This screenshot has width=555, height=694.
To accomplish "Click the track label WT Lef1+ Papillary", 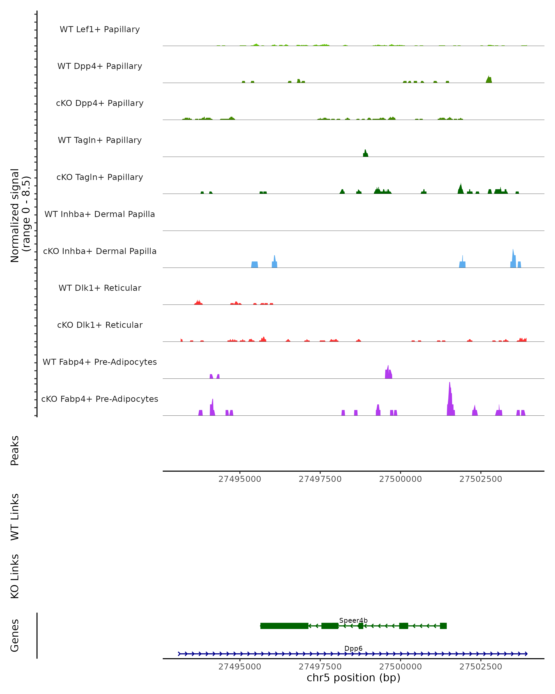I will coord(100,29).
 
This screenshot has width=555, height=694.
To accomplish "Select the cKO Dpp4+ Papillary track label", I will coord(100,103).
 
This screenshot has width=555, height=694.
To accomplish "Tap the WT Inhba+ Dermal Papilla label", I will coord(100,214).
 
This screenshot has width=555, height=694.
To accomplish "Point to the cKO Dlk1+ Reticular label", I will coord(100,325).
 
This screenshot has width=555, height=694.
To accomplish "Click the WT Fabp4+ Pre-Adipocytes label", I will coord(100,362).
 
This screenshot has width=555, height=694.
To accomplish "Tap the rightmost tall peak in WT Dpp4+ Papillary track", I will coord(489,80).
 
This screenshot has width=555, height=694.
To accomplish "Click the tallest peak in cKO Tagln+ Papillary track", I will coord(461,189).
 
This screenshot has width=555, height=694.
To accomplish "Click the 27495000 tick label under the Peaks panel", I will coord(240,479).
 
